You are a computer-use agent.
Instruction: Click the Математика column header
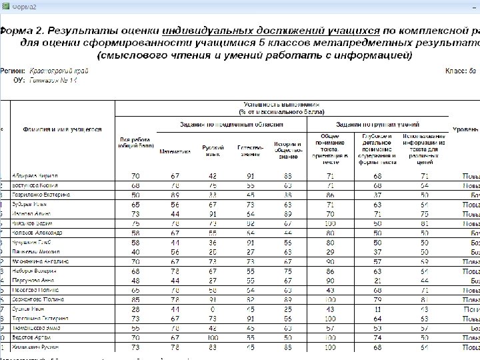(x=175, y=151)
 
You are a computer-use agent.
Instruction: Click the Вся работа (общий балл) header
(x=135, y=144)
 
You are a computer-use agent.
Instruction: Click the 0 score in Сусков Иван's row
(x=213, y=309)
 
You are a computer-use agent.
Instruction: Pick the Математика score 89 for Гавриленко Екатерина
(x=175, y=194)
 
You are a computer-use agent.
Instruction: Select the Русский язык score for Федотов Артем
(x=213, y=338)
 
